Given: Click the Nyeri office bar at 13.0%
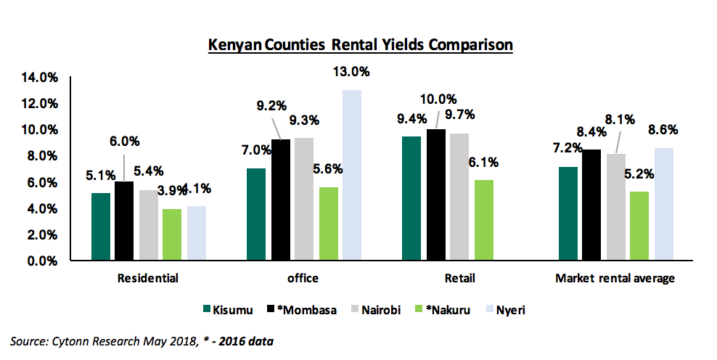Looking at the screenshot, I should pos(352,174).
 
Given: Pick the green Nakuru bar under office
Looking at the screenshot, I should pos(328,224).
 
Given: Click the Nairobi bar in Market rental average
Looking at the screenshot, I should pos(615,207).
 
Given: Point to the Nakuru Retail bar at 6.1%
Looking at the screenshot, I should pos(484,220).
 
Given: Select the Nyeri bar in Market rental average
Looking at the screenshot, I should pos(663,204).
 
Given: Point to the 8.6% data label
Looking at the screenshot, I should pos(663,131).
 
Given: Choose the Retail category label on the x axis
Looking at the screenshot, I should pos(460,278).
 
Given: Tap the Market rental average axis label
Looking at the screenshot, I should pos(614,278).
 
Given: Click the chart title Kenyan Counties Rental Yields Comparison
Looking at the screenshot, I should pos(360,45).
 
